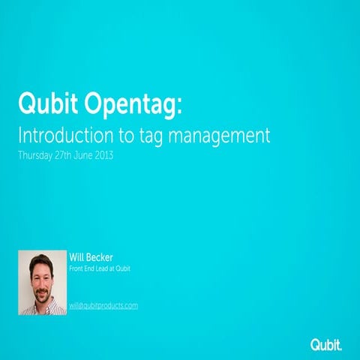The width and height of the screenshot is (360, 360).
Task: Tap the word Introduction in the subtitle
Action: (64, 137)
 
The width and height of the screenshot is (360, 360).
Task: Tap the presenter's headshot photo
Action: (41, 282)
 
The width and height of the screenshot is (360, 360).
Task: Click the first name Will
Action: (76, 257)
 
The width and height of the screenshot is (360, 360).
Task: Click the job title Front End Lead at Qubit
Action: (99, 268)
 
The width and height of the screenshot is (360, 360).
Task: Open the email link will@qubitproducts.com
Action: (103, 305)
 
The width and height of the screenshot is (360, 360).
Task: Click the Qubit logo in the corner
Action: (326, 344)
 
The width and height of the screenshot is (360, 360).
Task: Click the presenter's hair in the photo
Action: (40, 259)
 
